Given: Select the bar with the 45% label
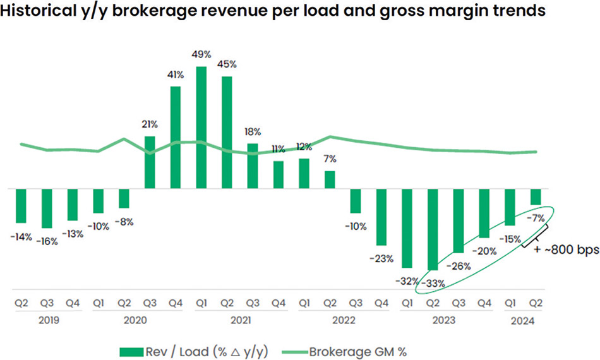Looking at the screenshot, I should click(x=227, y=133).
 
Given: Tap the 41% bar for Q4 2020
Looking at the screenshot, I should click(x=176, y=138).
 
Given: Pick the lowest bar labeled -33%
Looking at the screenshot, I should click(x=433, y=229).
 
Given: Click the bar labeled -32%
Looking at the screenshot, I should click(x=407, y=228).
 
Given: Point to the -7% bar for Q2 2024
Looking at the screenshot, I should click(x=536, y=197).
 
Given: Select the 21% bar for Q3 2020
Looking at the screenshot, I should click(x=150, y=162).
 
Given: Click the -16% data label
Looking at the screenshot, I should click(x=47, y=241).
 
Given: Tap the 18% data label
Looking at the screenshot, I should click(x=253, y=132).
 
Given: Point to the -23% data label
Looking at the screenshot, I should click(x=383, y=258).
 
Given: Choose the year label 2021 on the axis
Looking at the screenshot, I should click(x=239, y=320).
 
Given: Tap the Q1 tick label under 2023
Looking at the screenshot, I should click(x=407, y=304).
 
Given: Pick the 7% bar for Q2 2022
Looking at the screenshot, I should click(x=330, y=180).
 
